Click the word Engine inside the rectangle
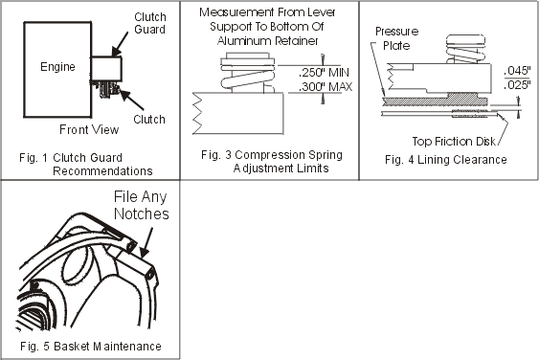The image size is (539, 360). click(x=57, y=67)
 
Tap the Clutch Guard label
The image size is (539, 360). click(x=150, y=23)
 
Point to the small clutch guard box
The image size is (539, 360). click(x=106, y=69)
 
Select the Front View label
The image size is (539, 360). click(x=89, y=129)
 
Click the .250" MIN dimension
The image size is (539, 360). click(x=324, y=73)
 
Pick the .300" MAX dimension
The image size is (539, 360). click(x=326, y=86)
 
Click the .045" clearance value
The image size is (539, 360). click(x=517, y=71)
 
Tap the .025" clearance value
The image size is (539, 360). click(x=517, y=84)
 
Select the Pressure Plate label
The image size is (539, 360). click(x=397, y=38)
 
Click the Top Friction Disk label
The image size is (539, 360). click(x=454, y=142)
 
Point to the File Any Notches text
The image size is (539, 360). click(x=142, y=205)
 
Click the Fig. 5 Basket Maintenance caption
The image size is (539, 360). click(x=91, y=346)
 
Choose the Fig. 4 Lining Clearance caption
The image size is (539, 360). click(x=446, y=160)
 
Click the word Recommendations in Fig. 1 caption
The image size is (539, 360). click(x=102, y=170)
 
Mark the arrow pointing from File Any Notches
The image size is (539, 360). click(x=146, y=243)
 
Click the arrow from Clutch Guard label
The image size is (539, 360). click(x=120, y=45)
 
